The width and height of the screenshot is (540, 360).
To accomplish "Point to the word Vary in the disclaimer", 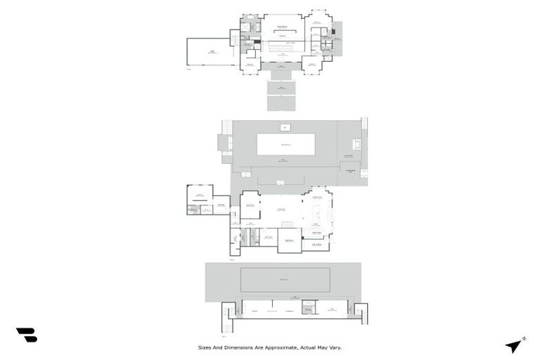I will tap(335, 347).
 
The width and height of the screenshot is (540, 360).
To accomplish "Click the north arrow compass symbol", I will tap(515, 346).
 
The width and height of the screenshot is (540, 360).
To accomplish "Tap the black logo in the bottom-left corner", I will tap(26, 335).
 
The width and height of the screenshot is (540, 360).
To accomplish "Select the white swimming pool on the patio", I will tap(285, 144).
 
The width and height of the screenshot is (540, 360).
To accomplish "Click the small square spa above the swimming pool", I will tap(285, 127).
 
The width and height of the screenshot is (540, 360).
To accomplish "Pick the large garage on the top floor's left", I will tap(211, 51).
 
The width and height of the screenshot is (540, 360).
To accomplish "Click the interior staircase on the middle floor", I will tap(287, 224).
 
